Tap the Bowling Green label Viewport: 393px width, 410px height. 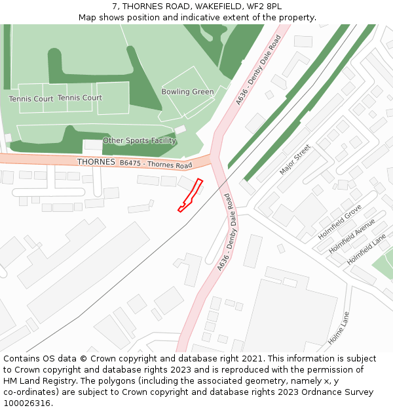tap(187, 92)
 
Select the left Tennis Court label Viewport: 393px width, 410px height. tap(31, 99)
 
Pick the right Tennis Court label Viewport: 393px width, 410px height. tap(80, 98)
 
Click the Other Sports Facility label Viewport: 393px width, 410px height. tap(140, 140)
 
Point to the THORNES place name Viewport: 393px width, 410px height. tap(96, 161)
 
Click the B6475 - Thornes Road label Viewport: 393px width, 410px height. tap(156, 163)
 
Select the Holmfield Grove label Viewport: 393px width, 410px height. tap(339, 222)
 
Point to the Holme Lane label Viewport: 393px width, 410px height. tap(339, 328)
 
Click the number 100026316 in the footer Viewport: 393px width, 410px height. tap(28, 403)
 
